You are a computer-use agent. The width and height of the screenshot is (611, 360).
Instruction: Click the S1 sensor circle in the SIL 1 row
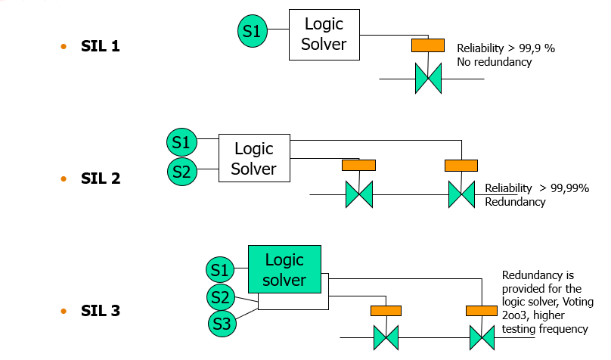(x=253, y=31)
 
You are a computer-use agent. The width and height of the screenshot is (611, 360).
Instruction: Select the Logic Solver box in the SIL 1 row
(x=324, y=35)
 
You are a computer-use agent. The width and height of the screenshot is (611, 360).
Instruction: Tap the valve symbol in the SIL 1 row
(x=428, y=79)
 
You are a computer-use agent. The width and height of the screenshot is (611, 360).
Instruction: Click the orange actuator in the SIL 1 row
(x=427, y=45)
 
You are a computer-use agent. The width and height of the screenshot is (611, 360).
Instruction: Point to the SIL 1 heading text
(x=100, y=47)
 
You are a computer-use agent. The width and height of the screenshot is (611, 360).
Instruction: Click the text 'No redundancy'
(x=495, y=62)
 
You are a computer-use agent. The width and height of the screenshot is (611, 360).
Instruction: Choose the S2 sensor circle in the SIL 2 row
(x=181, y=172)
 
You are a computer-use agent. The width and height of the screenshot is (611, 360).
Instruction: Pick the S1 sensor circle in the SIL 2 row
(x=181, y=141)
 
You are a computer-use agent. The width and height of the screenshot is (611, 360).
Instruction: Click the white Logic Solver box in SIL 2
(x=254, y=158)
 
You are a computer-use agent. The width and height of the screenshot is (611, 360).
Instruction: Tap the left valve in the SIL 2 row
(x=359, y=195)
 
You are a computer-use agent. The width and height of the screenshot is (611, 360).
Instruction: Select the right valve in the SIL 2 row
(x=461, y=195)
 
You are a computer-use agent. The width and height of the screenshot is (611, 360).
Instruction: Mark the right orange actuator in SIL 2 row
(x=461, y=165)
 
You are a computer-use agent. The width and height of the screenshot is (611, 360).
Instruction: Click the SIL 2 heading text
(x=101, y=179)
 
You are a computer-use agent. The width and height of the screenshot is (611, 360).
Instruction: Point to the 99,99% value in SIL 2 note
(x=570, y=188)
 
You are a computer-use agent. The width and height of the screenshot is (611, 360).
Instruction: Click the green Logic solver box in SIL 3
(x=284, y=270)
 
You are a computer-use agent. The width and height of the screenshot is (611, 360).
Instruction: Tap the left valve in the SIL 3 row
(x=386, y=337)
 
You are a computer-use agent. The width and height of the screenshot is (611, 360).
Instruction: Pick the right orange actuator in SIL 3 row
(x=482, y=310)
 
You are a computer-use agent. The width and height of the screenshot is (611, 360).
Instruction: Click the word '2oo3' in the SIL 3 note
(x=516, y=315)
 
